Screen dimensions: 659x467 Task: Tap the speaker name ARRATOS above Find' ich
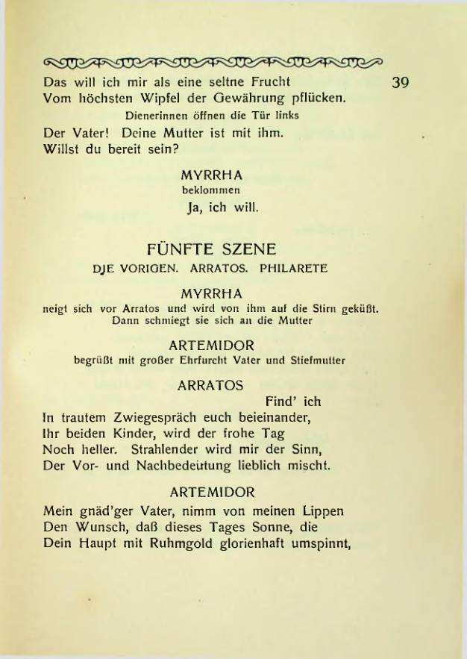click(x=211, y=387)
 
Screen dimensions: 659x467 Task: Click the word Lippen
click(x=319, y=510)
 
